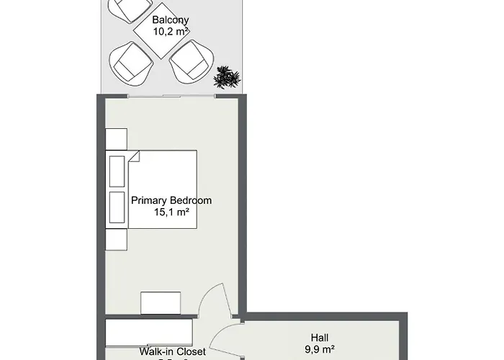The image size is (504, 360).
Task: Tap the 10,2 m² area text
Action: tap(170, 31)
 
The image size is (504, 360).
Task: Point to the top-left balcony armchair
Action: tap(127, 9)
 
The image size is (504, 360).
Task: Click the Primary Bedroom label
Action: tap(171, 200)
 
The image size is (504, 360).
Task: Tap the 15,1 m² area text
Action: tap(171, 212)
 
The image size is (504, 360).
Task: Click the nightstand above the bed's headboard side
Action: tap(117, 140)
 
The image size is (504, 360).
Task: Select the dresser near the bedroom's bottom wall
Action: tap(161, 303)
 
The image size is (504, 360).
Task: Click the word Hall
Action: tap(320, 336)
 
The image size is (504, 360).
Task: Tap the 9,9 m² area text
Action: tap(320, 349)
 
